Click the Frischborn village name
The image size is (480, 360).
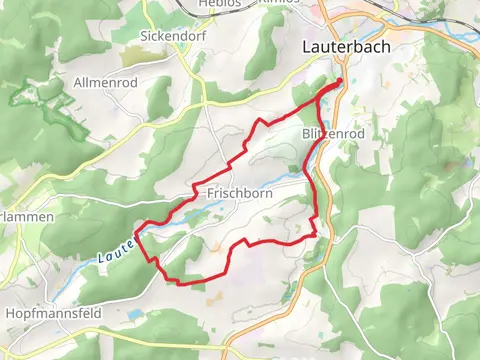coord(236,192)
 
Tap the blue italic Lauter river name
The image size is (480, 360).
coord(116,251)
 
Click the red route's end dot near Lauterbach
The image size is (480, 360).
coord(340,82)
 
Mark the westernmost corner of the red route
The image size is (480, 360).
coord(135,237)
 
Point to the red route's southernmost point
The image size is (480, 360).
coord(183,283)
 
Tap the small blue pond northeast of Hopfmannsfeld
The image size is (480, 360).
coord(134,314)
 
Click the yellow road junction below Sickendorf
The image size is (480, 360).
coord(205,101)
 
